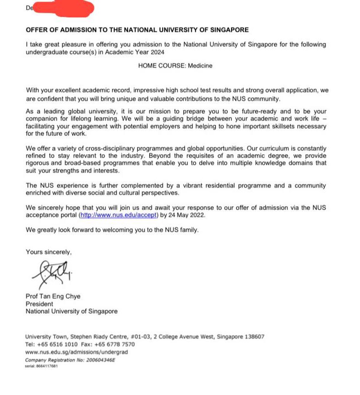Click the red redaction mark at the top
[63, 8]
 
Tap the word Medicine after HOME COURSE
[202, 66]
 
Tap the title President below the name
[39, 304]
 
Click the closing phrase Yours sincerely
[49, 251]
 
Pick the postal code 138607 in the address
[253, 337]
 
